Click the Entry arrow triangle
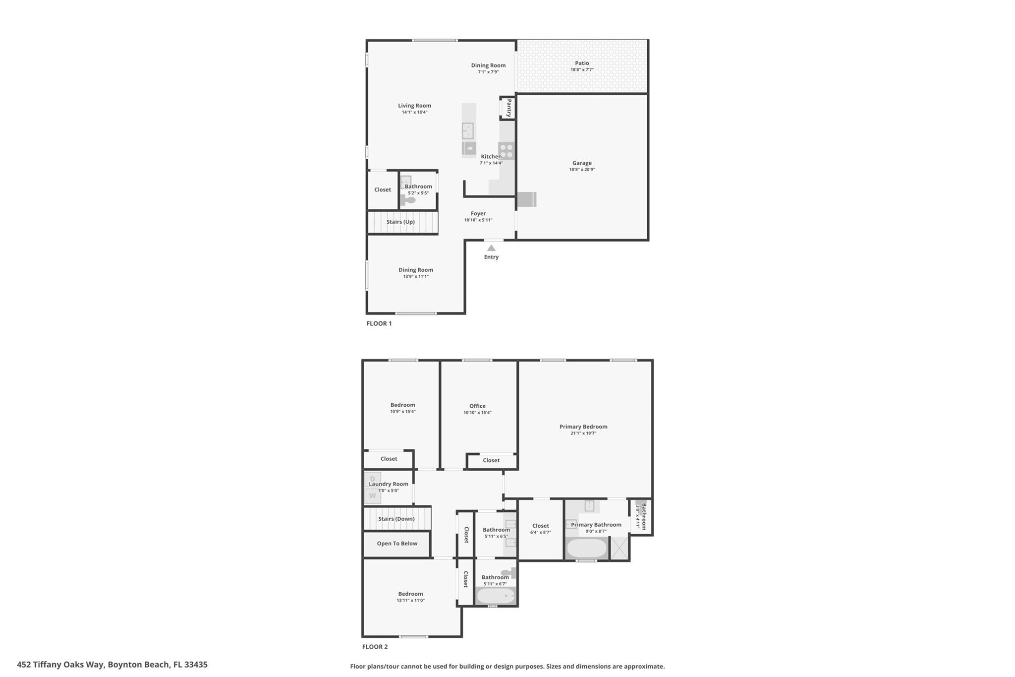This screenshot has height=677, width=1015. pos(491,248)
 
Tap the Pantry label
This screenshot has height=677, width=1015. pos(508,108)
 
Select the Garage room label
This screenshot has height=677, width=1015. pos(582,163)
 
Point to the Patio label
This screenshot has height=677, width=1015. pos(582,63)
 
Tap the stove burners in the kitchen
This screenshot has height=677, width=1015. pos(507,151)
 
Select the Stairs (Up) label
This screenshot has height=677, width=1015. pos(400,222)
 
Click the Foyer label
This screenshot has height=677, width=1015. pos(478,213)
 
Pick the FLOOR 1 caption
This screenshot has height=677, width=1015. pos(379,323)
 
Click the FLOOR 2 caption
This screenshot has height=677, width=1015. pos(375,647)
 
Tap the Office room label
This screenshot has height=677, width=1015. pos(477,406)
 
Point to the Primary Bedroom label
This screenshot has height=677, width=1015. pos(583,427)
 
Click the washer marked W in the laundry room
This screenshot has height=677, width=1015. pos(373,495)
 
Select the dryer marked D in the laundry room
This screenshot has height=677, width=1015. pos(373,480)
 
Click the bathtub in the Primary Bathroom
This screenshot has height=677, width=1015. pos(587,548)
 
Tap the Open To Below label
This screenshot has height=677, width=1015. pos(397,543)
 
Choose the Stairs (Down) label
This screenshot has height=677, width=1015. pos(396,519)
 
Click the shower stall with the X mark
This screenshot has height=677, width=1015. pos(619,548)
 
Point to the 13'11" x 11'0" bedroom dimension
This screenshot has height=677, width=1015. pos(410,601)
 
